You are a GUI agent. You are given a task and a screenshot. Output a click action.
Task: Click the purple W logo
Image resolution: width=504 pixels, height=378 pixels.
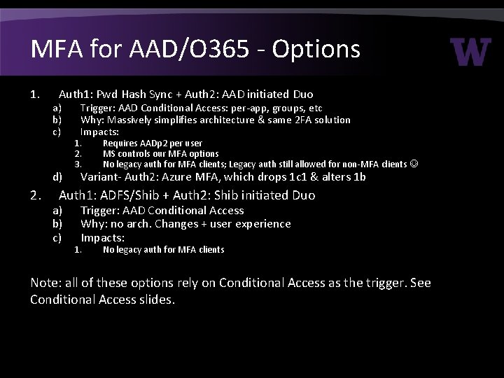click(470, 52)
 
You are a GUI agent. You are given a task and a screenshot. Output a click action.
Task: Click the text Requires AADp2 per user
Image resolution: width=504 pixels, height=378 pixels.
click(142, 143)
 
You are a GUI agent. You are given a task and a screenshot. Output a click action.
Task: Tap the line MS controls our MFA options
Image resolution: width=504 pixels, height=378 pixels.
click(160, 153)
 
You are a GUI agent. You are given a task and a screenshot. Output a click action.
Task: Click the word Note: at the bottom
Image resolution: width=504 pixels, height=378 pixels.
click(46, 283)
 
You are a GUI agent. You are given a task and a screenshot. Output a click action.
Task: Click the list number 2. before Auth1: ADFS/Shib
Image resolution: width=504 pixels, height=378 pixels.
click(35, 195)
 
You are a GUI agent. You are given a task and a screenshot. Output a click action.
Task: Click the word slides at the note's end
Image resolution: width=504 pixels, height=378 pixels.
click(158, 300)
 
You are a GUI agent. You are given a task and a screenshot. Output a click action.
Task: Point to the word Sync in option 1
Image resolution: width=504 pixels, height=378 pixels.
click(152, 94)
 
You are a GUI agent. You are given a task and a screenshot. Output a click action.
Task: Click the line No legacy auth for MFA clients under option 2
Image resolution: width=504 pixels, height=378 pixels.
click(163, 249)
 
